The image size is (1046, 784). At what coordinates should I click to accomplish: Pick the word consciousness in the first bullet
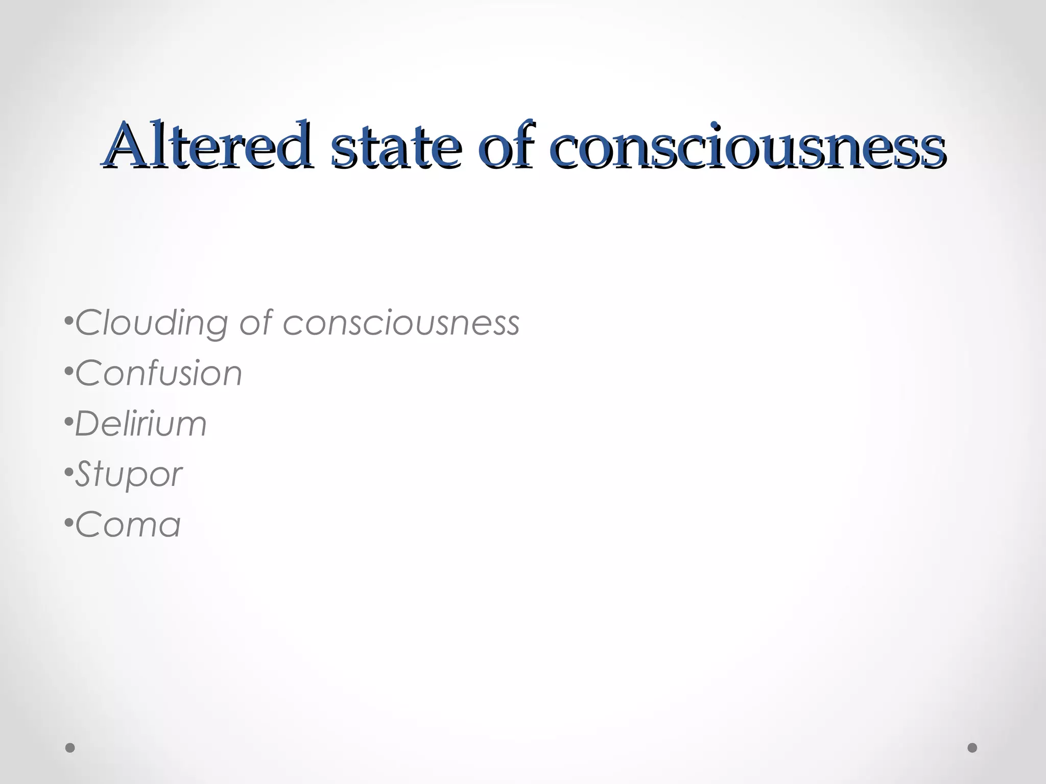(x=401, y=324)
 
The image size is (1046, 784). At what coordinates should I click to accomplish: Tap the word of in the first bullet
(x=255, y=324)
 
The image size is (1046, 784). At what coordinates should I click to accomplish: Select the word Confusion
(x=159, y=374)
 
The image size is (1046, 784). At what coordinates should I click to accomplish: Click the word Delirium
(x=141, y=424)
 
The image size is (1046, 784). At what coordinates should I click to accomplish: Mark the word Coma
(x=128, y=525)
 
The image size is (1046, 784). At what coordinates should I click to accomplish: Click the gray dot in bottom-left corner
(x=70, y=748)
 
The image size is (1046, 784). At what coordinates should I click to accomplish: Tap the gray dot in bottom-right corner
(x=972, y=748)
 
